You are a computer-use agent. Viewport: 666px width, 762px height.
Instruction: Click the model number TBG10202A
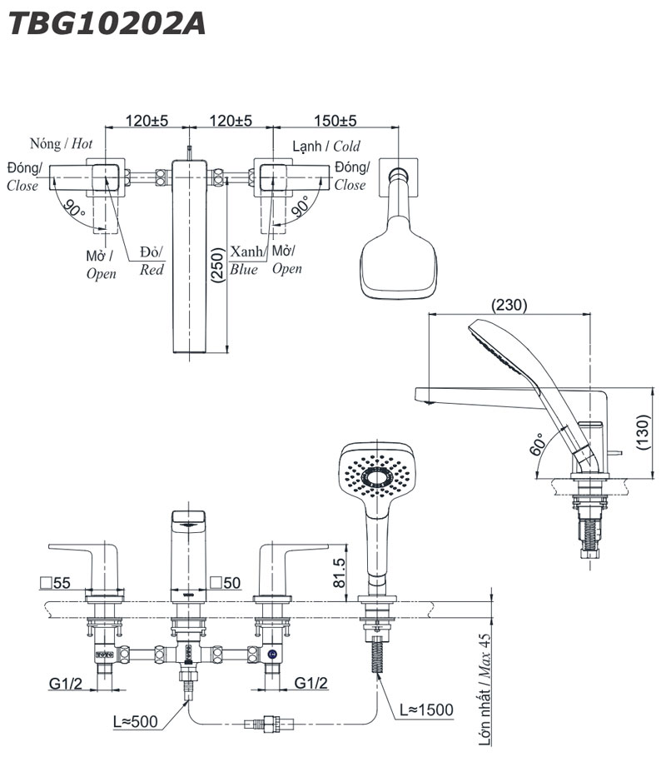(106, 22)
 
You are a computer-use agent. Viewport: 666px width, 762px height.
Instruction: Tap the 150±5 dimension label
(335, 121)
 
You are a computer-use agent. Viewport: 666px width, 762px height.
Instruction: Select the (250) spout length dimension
(217, 267)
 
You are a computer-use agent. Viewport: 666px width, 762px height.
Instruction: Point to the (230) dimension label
(509, 305)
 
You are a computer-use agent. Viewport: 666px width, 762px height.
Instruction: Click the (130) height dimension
(644, 432)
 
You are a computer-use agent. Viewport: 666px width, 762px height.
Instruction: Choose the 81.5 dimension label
(337, 574)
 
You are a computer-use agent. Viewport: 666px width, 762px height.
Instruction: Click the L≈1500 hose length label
(425, 710)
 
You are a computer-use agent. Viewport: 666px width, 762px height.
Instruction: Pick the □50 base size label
(226, 583)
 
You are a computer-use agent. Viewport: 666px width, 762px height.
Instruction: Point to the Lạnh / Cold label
(326, 147)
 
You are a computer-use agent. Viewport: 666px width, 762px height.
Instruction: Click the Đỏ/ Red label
(152, 260)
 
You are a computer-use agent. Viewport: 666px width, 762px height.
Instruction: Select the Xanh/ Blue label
(247, 260)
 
